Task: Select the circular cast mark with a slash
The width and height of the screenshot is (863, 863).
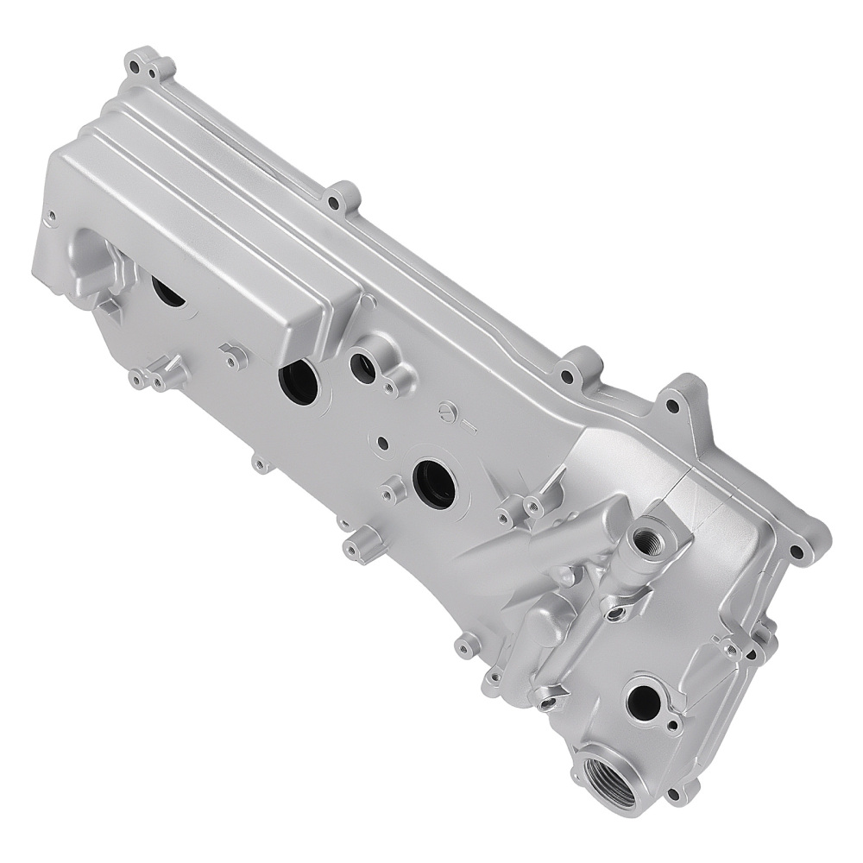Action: coord(447,412)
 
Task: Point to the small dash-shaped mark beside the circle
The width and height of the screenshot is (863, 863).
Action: coord(469,424)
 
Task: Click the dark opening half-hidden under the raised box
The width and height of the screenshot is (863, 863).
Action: coord(167,291)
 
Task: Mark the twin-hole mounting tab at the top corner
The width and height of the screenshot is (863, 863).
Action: coord(147,65)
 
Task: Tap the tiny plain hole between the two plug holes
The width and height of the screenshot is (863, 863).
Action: coord(382,442)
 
